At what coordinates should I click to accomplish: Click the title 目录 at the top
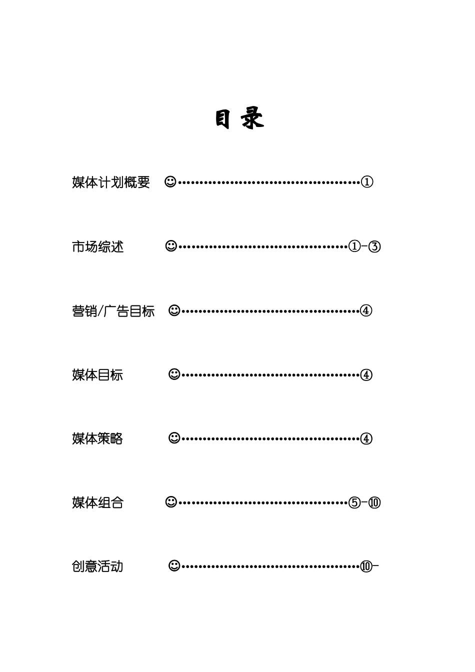[239, 119]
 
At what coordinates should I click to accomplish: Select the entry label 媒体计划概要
[111, 182]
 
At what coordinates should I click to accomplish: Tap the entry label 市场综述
[97, 246]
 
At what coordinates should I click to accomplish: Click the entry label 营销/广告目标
[113, 311]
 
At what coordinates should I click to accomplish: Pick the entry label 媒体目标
[97, 374]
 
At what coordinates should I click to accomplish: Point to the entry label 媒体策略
[97, 438]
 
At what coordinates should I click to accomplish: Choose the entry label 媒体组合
[97, 502]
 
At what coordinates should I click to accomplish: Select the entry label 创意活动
[97, 566]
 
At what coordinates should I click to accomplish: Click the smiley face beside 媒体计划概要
[170, 181]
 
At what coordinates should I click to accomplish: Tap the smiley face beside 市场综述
[171, 246]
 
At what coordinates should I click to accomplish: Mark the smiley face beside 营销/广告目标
[174, 310]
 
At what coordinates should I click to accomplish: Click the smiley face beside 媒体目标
[174, 374]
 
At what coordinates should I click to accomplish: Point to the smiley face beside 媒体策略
[174, 438]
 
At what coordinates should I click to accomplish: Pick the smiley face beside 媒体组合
[171, 502]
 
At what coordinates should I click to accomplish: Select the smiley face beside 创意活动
[174, 566]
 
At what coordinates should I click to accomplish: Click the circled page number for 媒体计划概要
[367, 182]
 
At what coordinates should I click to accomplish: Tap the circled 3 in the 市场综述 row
[374, 246]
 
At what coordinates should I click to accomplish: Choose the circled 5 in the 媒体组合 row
[354, 502]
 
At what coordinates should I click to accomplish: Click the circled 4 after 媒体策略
[366, 438]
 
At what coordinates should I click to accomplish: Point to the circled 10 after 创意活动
[366, 566]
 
